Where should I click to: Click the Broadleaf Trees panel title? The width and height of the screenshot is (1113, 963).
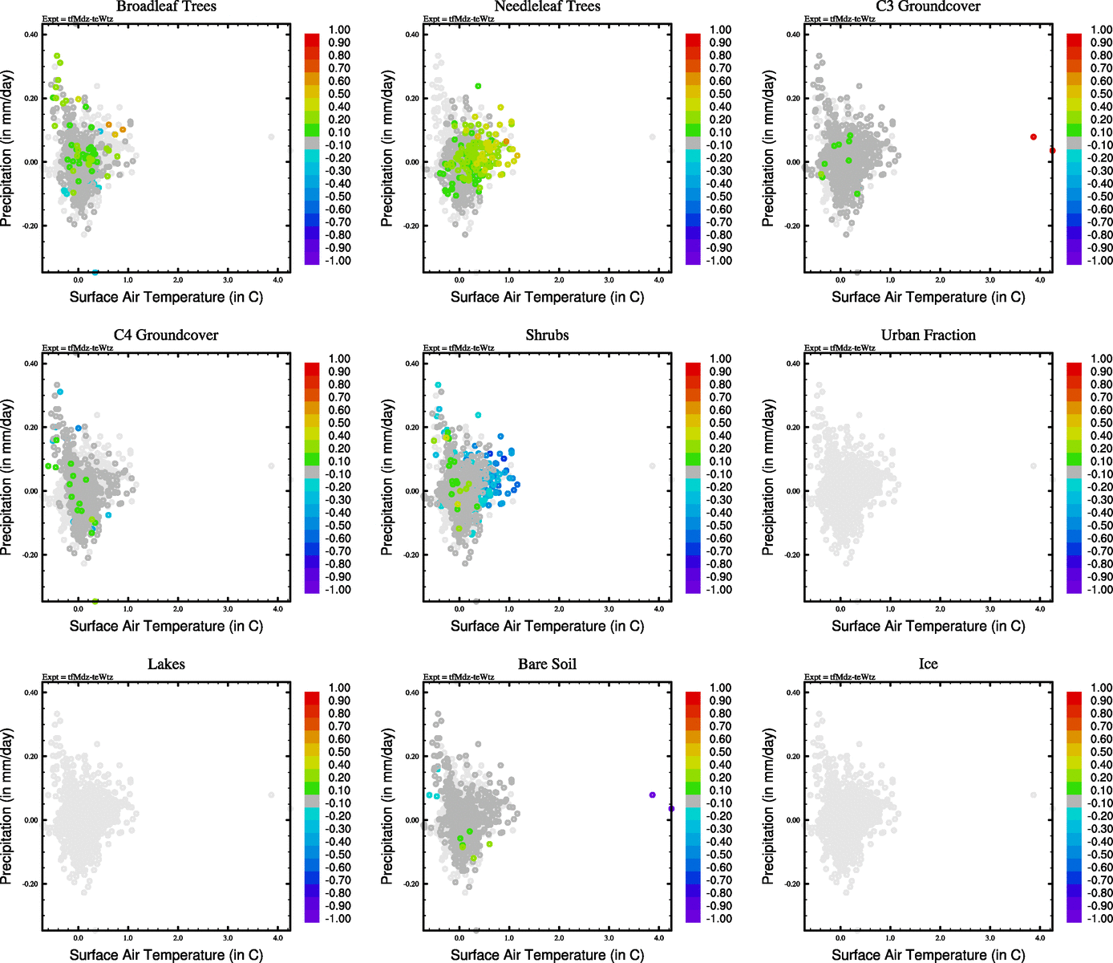[166, 6]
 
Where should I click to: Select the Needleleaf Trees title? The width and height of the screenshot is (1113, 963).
[547, 6]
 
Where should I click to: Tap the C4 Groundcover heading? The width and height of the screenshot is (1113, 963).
[166, 335]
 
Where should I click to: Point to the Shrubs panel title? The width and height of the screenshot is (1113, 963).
[547, 335]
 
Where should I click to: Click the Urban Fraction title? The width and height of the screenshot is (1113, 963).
[928, 335]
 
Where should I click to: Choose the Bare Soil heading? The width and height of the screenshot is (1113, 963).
[547, 664]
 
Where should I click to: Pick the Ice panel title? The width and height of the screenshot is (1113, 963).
[928, 664]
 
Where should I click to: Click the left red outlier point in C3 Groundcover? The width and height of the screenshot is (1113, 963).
[1034, 137]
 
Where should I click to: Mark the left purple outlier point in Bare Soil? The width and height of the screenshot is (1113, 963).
[653, 795]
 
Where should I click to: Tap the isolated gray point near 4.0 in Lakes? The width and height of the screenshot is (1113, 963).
[271, 795]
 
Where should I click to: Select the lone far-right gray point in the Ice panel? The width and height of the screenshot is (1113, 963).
[1034, 795]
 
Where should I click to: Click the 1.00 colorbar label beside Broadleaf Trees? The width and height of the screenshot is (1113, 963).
[339, 30]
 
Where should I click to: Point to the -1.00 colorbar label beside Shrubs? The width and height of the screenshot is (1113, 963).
[718, 590]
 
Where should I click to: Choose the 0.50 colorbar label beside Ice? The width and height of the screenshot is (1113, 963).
[1101, 752]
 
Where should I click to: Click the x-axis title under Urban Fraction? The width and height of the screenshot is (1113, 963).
[928, 626]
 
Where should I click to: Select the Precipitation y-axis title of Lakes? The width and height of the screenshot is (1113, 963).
[7, 807]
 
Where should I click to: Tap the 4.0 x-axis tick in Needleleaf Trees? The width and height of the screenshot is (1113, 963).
[659, 280]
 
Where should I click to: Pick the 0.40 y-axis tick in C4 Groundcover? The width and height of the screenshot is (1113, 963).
[30, 364]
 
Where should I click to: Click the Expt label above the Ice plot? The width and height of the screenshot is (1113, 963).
[840, 677]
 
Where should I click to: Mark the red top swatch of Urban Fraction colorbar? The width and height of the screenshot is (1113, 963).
[1074, 368]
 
